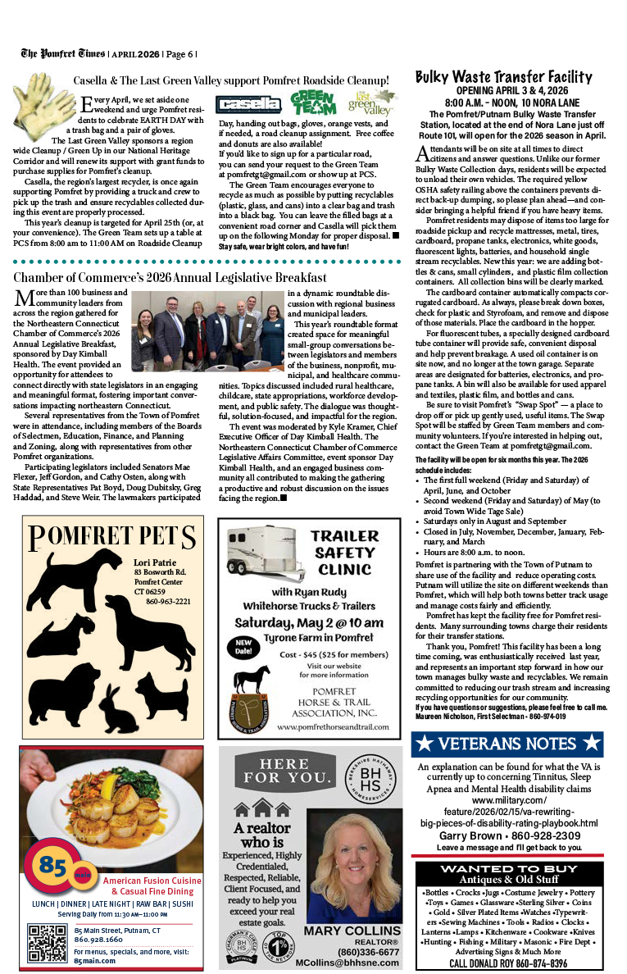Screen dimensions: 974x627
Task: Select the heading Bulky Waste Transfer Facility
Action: [x=504, y=77]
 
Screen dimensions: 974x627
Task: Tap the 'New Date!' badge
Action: [x=243, y=644]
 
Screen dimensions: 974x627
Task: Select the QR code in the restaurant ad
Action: [x=47, y=944]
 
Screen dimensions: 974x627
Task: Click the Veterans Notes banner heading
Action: [x=507, y=744]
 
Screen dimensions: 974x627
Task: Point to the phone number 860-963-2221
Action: [x=168, y=601]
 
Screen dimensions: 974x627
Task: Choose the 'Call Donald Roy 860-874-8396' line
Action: [x=508, y=963]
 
